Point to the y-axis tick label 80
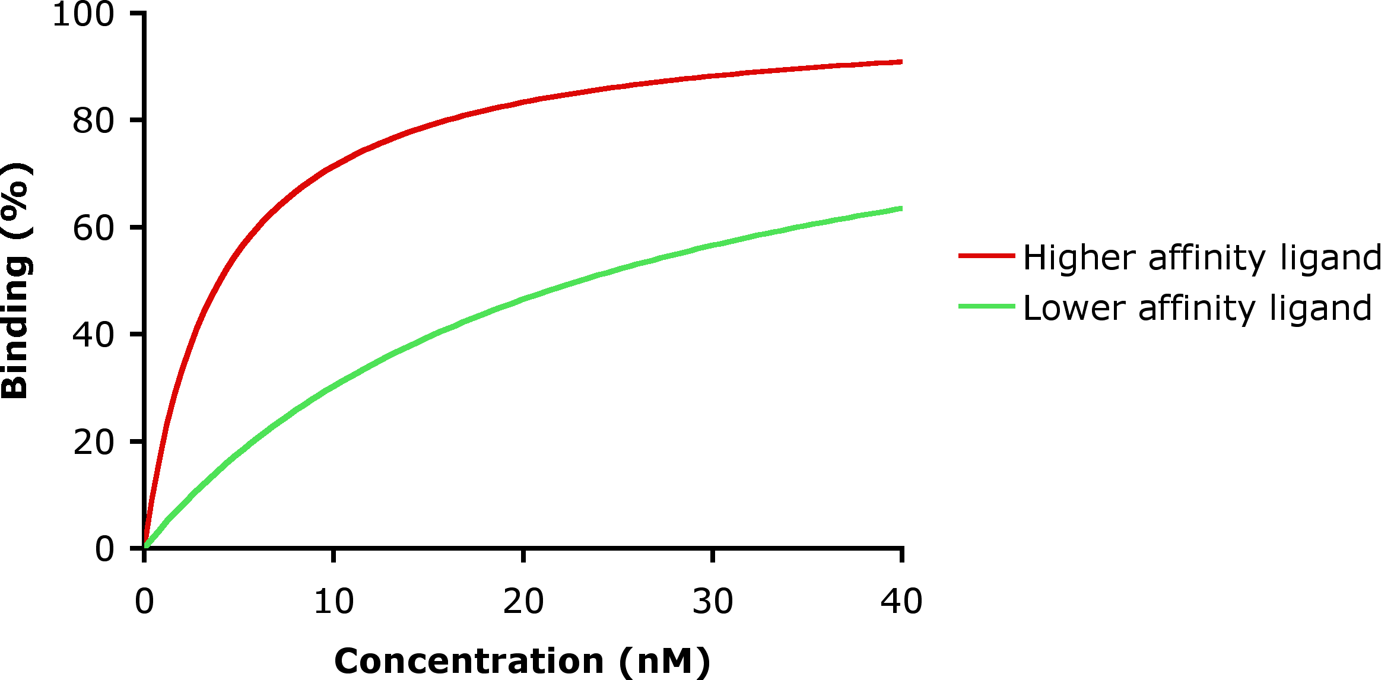93,121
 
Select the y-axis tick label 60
93,228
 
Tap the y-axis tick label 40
93,335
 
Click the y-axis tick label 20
93,443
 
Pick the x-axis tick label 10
334,602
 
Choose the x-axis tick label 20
523,602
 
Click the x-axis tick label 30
712,602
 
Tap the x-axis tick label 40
901,602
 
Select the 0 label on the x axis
144,602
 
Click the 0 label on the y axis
104,549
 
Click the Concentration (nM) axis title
522,661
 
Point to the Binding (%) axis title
15,280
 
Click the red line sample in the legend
986,256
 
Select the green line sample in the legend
986,306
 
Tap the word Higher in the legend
1079,258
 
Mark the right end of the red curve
901,62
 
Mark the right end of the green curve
901,208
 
